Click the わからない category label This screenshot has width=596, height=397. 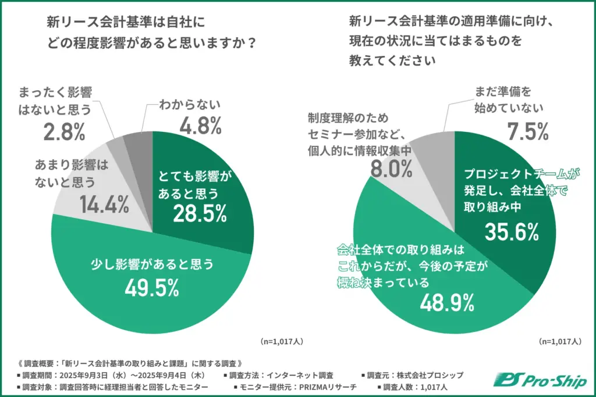[x=190, y=105]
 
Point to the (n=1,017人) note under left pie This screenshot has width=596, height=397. [x=281, y=341]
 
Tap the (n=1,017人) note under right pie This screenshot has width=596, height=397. [x=559, y=341]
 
